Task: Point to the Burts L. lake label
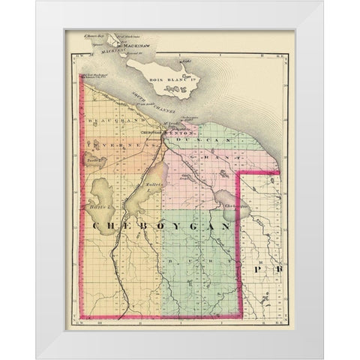pos(103,204)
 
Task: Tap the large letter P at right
pos(257,268)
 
